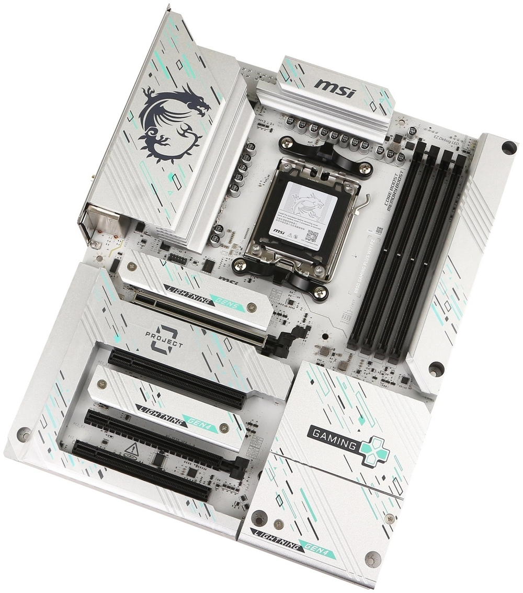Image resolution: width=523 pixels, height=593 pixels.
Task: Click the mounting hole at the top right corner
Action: (x=508, y=148)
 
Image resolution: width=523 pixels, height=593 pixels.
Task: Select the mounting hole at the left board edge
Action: (x=24, y=434)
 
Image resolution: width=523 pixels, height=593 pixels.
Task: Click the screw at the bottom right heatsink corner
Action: (x=372, y=558)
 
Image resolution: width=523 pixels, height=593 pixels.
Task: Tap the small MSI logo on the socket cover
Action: (x=279, y=230)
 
